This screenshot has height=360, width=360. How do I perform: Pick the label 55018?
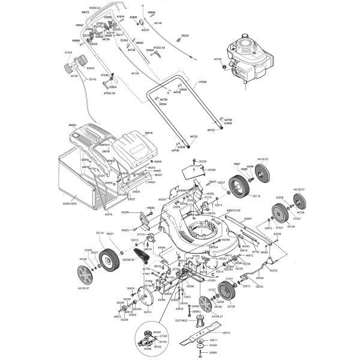pos(149,133)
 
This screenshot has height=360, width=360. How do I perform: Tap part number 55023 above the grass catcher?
pos(73,125)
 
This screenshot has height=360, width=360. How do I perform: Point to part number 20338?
pos(203,162)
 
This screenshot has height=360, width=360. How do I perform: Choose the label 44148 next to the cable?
pos(158,23)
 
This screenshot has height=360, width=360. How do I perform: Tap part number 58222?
pos(185,36)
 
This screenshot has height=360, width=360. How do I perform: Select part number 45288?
pos(125,212)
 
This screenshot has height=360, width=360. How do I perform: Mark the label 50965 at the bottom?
pos(213,353)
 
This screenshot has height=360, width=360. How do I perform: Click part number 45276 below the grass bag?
pos(109,214)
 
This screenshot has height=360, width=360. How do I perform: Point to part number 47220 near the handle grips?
pos(68,53)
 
